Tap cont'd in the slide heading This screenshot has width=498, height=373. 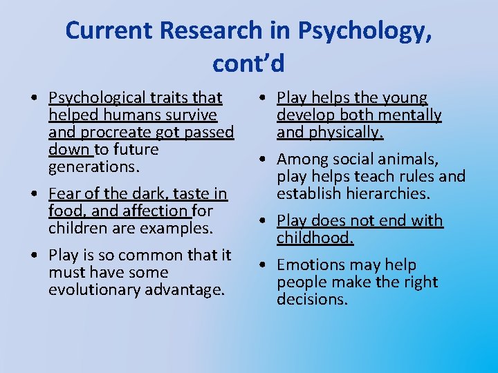[x=248, y=63]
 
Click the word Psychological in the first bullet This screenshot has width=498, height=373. [x=95, y=98]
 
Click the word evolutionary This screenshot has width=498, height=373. [x=95, y=289]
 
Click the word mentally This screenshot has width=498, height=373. [x=407, y=115]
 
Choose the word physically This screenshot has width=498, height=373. [x=349, y=132]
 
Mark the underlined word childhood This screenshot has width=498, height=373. [x=315, y=238]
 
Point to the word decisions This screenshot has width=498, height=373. [x=312, y=299]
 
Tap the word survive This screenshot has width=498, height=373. [x=190, y=115]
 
